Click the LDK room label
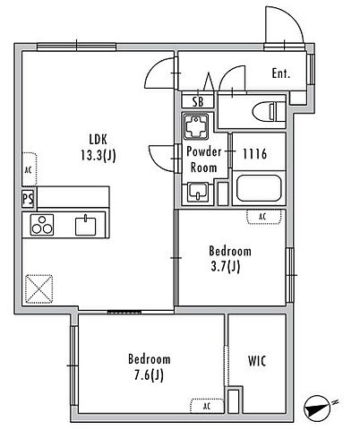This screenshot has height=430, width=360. pos(98,140)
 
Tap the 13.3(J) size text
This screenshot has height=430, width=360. pos(99,155)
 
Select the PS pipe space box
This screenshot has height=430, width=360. pos(29,199)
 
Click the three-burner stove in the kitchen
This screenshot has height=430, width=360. pos(42,225)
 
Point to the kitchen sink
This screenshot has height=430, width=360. pos(85,226)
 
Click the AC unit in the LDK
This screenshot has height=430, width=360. pos(30,169)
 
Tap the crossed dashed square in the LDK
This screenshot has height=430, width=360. pos(39,289)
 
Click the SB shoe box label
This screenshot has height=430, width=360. pos(198,101)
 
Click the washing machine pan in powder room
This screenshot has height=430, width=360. pos(196,126)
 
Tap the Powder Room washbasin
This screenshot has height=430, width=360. pos(197,193)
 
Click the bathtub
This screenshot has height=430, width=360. pos(259,188)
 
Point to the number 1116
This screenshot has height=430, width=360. pos(254,154)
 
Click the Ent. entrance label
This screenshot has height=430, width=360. pos(281,73)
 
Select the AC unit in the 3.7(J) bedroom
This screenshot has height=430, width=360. pos(264,217)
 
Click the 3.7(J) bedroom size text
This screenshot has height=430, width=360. pos(226,266)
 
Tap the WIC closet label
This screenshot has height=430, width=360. pos(257,361)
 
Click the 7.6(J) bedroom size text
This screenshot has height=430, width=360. pos(149,375)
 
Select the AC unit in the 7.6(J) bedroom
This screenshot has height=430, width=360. pos(207,406)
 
